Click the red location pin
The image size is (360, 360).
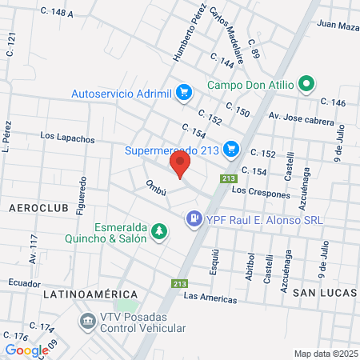click(x=180, y=165)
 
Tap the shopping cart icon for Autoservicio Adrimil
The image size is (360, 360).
click(x=184, y=93)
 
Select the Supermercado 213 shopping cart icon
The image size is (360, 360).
click(x=231, y=148)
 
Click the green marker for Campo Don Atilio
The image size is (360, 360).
click(x=305, y=83)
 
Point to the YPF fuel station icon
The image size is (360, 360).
click(x=193, y=218)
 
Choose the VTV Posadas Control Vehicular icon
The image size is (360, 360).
click(x=86, y=322)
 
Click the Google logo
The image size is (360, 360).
click(x=26, y=350)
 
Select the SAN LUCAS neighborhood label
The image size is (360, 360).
click(x=322, y=293)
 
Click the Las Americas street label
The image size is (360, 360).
click(x=210, y=298)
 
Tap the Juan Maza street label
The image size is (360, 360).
click(x=337, y=26)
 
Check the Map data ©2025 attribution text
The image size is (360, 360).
click(x=325, y=354)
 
